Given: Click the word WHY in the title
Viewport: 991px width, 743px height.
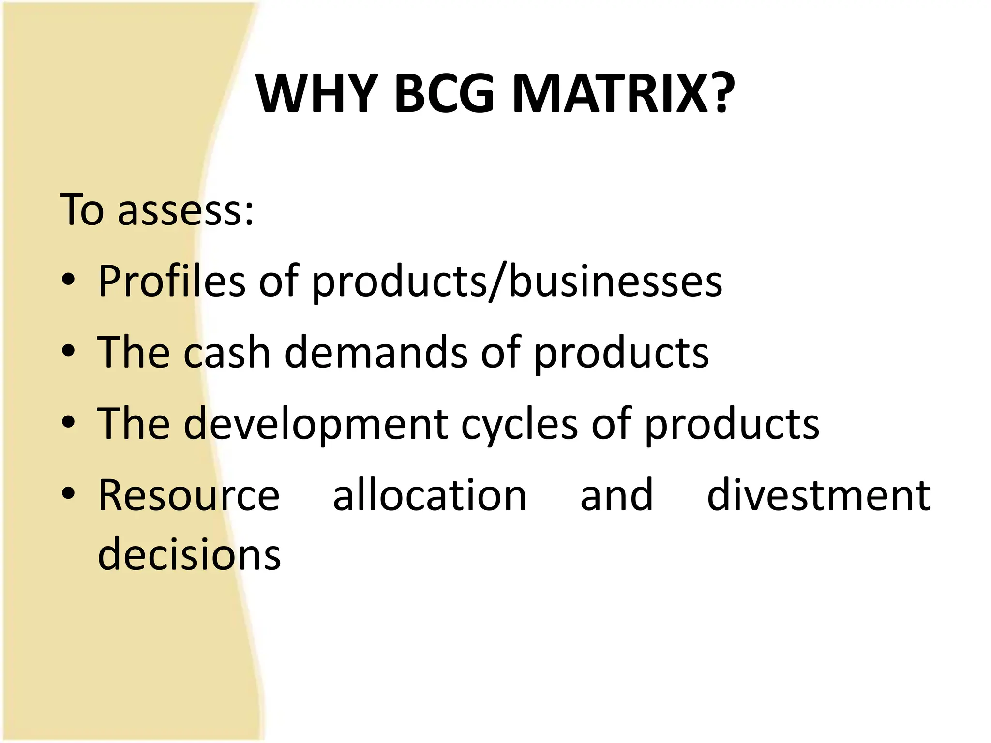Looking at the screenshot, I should pos(317,94).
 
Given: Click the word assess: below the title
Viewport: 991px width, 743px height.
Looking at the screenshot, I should pos(185,210).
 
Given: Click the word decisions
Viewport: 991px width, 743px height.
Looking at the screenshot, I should pos(189,554).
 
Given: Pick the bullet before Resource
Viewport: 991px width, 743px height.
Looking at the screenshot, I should pos(69,493).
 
